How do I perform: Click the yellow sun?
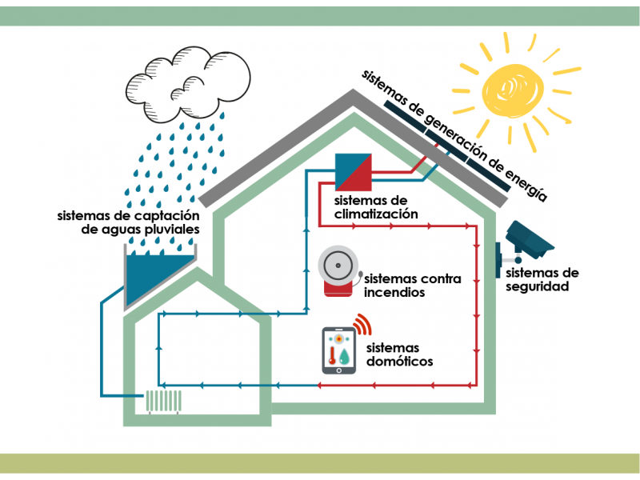click(514, 90)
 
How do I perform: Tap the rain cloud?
click(188, 84)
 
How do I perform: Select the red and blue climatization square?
click(353, 172)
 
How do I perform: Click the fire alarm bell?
click(338, 271)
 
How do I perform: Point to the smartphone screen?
click(338, 350)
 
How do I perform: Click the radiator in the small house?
click(164, 402)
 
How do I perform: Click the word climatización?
click(376, 214)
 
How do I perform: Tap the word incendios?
click(394, 292)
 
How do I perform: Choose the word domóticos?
click(399, 362)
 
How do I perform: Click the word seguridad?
click(537, 286)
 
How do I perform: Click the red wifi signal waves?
click(363, 324)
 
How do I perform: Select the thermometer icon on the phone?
click(332, 355)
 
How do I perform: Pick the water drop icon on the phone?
click(345, 356)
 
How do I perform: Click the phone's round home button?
click(338, 370)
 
